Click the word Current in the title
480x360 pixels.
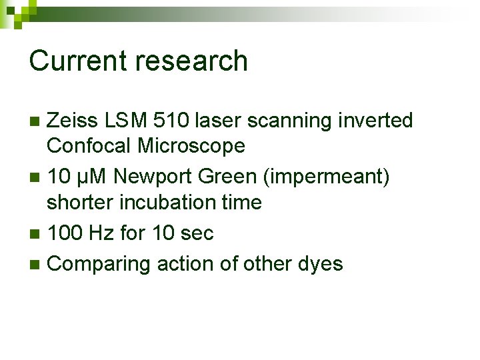(x=79, y=61)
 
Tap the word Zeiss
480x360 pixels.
(x=75, y=121)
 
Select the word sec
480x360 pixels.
(x=197, y=233)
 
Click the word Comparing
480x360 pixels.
(x=100, y=264)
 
